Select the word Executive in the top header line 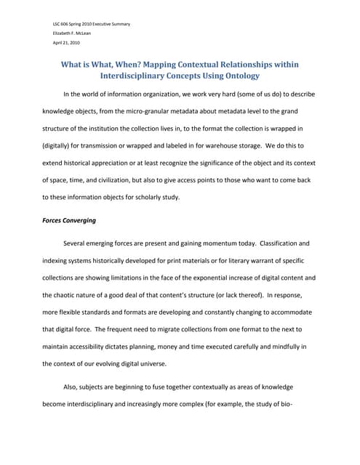point(99,24)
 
